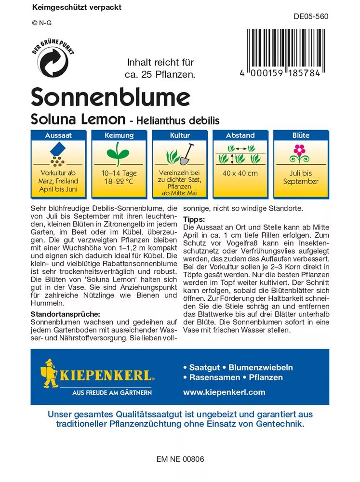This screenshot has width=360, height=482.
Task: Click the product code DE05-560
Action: [x=311, y=16]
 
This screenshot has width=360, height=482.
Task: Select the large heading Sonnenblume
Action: [x=110, y=97]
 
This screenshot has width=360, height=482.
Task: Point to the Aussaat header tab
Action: [x=58, y=135]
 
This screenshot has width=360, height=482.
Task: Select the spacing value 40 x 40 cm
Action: [x=240, y=174]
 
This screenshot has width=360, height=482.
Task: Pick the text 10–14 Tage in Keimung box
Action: [x=119, y=173]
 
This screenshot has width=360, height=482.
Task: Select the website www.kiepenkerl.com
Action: [x=224, y=392]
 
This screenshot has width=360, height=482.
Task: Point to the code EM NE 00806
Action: [x=180, y=459]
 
